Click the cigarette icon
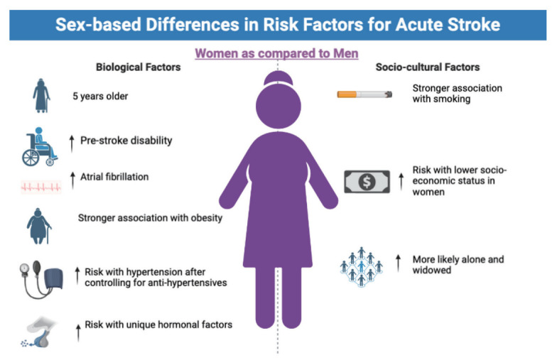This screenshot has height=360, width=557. (x=364, y=94)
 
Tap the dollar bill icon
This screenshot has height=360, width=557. (x=367, y=182)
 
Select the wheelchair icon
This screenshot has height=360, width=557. (x=40, y=146)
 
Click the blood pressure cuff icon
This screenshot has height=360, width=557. (x=41, y=279)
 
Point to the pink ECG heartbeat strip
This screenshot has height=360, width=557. (x=41, y=187)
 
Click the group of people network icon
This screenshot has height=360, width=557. (x=361, y=267)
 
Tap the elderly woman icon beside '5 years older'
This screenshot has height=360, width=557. (x=41, y=95)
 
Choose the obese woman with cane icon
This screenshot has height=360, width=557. (x=38, y=226)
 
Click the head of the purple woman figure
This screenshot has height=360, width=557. (x=278, y=106)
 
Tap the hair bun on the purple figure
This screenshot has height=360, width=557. (x=278, y=78)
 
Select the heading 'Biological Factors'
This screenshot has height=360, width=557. (x=138, y=67)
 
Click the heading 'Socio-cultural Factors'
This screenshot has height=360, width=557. (x=428, y=67)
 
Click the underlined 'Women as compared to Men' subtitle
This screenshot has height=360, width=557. (x=277, y=54)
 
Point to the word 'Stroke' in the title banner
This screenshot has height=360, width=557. (x=474, y=24)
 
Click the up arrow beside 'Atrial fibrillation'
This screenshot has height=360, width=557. (x=72, y=180)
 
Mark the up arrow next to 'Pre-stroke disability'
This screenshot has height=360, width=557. (x=72, y=143)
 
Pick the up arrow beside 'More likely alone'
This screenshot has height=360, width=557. (x=398, y=263)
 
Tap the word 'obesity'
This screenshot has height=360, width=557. (x=207, y=218)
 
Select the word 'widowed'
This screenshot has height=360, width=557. (x=432, y=270)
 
